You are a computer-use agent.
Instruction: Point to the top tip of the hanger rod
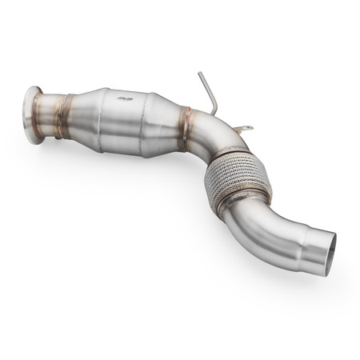[x=200, y=74]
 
